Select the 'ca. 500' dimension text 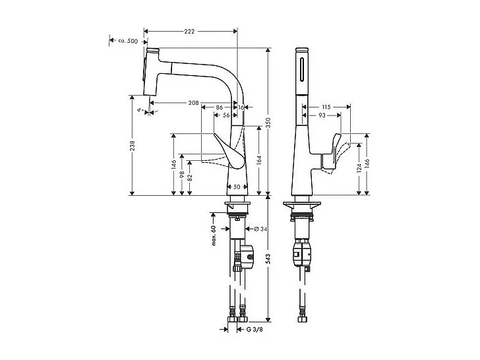(127, 41)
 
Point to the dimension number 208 (194, 103)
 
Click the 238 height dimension (133, 144)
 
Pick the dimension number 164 (258, 160)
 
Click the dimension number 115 (326, 107)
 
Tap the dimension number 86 (219, 106)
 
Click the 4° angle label (139, 111)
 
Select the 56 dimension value (226, 115)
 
